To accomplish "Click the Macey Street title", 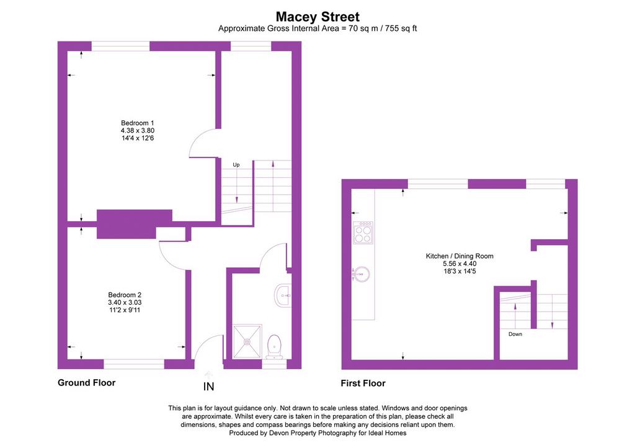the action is pyautogui.click(x=317, y=17).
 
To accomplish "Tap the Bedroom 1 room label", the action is pyautogui.click(x=137, y=123).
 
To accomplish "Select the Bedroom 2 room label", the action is pyautogui.click(x=125, y=295).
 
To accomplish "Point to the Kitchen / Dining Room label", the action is pyautogui.click(x=460, y=256).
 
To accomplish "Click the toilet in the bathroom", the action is pyautogui.click(x=275, y=346).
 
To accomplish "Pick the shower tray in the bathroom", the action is pyautogui.click(x=247, y=341).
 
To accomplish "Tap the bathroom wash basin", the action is pyautogui.click(x=283, y=294).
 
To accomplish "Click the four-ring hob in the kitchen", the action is pyautogui.click(x=363, y=233).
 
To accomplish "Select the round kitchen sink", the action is pyautogui.click(x=360, y=274).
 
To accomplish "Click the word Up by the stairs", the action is pyautogui.click(x=236, y=165).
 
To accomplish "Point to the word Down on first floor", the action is pyautogui.click(x=515, y=334).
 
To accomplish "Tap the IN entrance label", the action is pyautogui.click(x=208, y=387).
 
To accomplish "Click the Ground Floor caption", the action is pyautogui.click(x=87, y=383).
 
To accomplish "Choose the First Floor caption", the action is pyautogui.click(x=363, y=384).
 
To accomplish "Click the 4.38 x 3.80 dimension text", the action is pyautogui.click(x=137, y=131).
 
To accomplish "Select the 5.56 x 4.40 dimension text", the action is pyautogui.click(x=460, y=264).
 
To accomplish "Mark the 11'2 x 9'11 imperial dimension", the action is pyautogui.click(x=125, y=310).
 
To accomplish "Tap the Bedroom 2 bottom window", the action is pyautogui.click(x=134, y=364).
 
